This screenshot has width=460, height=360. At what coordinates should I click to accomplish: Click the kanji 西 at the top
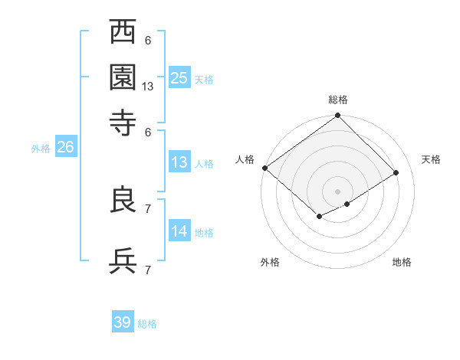(x=123, y=34)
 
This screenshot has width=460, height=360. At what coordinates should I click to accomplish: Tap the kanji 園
(x=123, y=77)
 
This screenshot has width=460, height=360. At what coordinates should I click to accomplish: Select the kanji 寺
(x=123, y=122)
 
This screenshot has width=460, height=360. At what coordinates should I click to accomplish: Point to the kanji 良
(x=123, y=201)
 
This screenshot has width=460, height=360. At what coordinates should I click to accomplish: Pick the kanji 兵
(x=123, y=260)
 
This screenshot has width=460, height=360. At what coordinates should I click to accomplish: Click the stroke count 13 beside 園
(x=148, y=87)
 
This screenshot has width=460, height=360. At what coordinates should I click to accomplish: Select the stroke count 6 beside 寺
(x=148, y=131)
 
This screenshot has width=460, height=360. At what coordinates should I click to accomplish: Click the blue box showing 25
(x=179, y=77)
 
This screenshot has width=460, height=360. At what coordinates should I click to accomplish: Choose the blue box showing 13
(x=179, y=162)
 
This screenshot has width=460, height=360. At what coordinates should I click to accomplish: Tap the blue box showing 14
(x=179, y=231)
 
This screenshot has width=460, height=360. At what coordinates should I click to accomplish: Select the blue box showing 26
(x=65, y=148)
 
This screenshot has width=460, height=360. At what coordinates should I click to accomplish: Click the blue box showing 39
(x=123, y=322)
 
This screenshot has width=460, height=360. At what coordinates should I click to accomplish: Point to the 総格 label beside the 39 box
(x=147, y=324)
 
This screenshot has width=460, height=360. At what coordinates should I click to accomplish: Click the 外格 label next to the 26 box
(x=41, y=149)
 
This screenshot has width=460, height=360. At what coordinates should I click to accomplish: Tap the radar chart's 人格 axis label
(x=245, y=159)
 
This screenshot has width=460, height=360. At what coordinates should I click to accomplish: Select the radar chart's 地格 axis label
(x=402, y=263)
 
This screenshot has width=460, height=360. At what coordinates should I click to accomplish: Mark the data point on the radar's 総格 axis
(x=337, y=116)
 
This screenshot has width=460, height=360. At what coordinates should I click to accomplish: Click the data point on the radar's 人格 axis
(x=264, y=168)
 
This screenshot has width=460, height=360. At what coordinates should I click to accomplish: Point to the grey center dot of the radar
(x=337, y=191)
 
